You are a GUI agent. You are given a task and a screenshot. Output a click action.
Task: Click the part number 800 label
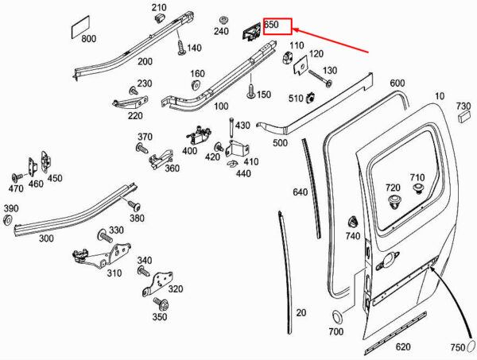88,38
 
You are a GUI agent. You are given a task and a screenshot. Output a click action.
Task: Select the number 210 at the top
158,8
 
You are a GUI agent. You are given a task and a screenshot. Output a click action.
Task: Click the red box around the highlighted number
277,25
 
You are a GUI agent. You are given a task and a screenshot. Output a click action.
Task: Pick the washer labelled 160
196,85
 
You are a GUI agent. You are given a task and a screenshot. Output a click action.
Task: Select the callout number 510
296,98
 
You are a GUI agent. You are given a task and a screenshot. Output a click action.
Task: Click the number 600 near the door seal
397,83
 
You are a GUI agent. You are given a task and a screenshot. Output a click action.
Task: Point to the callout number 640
300,192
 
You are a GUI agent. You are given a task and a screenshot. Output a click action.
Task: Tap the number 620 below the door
403,346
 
